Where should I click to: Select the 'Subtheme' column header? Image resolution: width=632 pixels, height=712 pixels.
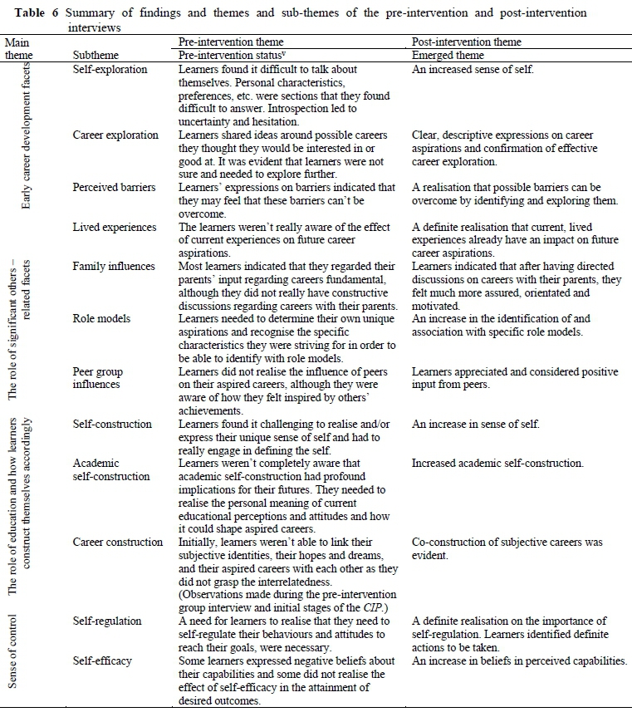(x=96, y=55)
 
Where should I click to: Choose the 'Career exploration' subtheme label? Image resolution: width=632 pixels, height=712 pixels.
(x=115, y=135)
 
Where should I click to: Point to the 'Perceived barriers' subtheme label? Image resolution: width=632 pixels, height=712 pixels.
(x=115, y=187)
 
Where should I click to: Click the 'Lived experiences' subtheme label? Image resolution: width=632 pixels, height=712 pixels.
(x=115, y=227)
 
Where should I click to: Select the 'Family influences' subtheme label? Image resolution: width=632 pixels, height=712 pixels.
(x=114, y=267)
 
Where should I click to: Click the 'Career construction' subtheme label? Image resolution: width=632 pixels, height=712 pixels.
(x=118, y=542)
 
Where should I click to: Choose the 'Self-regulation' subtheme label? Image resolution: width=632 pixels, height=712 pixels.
(x=107, y=621)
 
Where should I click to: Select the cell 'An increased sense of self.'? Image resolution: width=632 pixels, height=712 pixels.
(x=473, y=69)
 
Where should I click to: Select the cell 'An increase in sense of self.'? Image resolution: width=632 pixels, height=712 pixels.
(x=476, y=424)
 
